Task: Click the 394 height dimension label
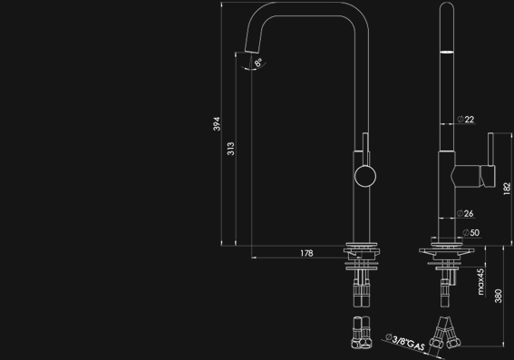(217, 124)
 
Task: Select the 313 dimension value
(231, 149)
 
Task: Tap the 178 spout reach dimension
(306, 253)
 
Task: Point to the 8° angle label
(258, 63)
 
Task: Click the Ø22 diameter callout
(466, 120)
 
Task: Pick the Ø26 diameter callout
(465, 213)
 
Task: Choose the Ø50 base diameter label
(471, 233)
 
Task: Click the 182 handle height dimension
(507, 189)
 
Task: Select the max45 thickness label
(480, 282)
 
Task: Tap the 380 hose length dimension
(498, 296)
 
